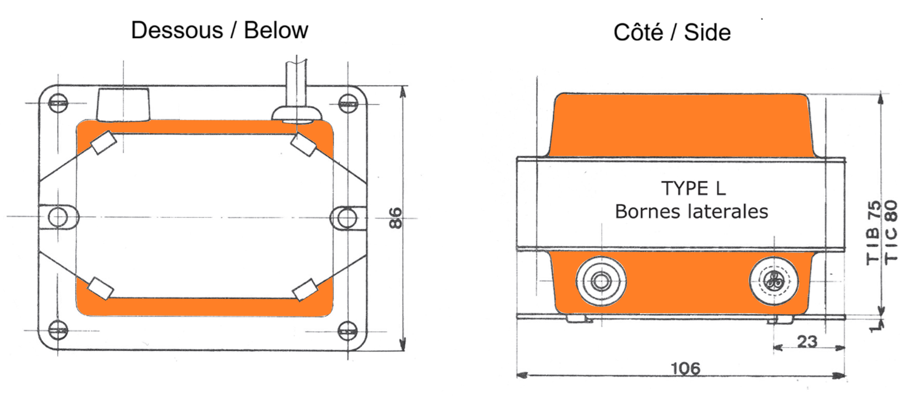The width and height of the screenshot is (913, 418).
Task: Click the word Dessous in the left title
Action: click(177, 30)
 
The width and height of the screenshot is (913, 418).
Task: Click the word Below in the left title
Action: click(276, 30)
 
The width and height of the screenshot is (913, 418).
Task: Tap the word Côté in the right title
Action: click(638, 33)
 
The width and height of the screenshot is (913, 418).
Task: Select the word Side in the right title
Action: click(707, 33)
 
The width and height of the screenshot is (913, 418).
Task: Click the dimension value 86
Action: click(396, 218)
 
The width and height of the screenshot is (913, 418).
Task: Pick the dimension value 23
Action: click(807, 342)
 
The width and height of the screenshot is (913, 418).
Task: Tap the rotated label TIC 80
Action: click(891, 232)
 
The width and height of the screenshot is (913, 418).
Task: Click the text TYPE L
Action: click(694, 189)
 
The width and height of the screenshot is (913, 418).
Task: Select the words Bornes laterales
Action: click(691, 212)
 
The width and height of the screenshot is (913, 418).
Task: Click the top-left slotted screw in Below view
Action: click(58, 103)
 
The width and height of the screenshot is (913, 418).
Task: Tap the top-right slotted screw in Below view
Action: click(348, 104)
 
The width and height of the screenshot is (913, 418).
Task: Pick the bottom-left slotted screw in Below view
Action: click(58, 330)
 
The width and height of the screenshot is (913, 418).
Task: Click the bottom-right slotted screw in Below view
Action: click(348, 331)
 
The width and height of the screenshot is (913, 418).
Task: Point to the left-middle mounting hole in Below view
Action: click(58, 217)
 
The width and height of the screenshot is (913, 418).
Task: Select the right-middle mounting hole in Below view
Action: click(347, 218)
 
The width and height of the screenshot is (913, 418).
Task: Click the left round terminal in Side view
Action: click(601, 281)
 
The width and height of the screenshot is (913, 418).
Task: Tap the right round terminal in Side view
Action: click(774, 281)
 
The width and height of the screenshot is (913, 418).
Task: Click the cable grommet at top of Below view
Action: click(296, 114)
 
